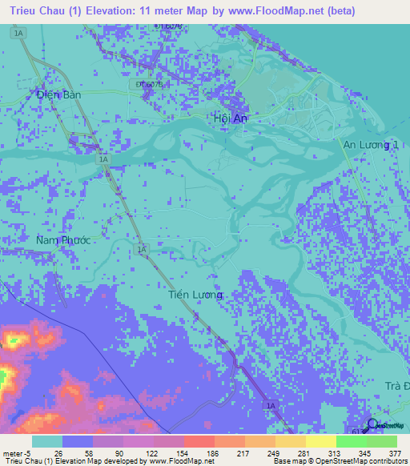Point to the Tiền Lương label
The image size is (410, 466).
click(x=196, y=295)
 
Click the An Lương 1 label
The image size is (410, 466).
click(x=371, y=144)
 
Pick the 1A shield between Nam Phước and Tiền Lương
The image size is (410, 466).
click(x=143, y=250)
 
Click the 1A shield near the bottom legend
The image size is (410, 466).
click(x=271, y=406)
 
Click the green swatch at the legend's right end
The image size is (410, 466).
click(x=381, y=441)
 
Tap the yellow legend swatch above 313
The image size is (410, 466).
click(x=320, y=441)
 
